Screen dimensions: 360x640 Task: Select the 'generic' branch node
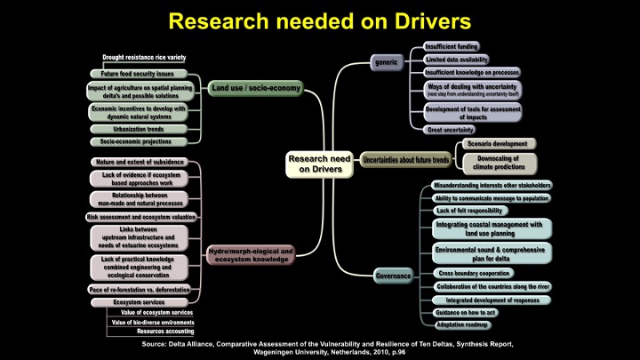tap(387, 63)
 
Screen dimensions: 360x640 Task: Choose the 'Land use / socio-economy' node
tap(255, 89)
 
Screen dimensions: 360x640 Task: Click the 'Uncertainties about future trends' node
tap(405, 160)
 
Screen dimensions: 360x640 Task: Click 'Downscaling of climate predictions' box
tap(498, 163)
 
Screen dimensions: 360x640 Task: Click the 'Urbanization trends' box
tap(138, 129)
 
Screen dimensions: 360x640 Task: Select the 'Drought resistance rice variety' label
tap(138, 58)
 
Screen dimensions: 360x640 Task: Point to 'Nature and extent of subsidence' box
tap(140, 163)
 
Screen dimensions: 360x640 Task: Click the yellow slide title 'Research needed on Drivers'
tap(319, 20)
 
